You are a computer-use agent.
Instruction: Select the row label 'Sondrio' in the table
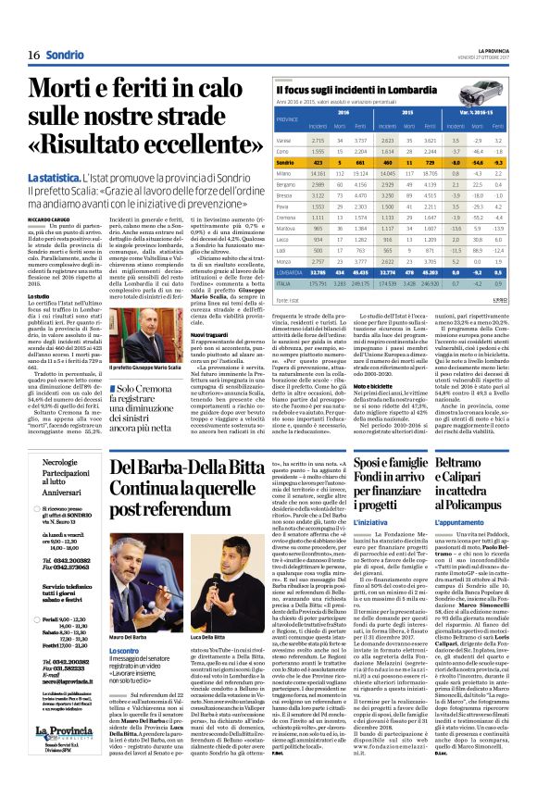pyautogui.click(x=290, y=162)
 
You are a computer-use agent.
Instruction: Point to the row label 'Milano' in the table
pyautogui.click(x=286, y=173)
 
